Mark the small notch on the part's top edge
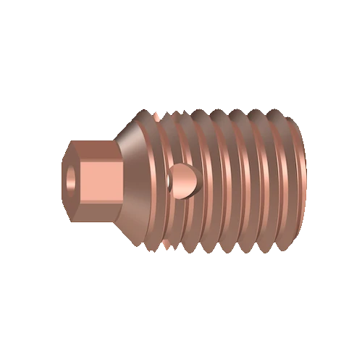pos(156,114)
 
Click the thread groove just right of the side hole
pos(204,181)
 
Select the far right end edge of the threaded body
pos(303,181)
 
